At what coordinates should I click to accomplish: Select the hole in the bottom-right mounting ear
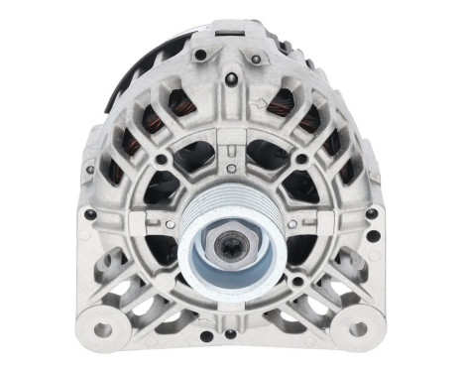tap(358, 327)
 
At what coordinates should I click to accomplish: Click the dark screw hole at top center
tap(230, 83)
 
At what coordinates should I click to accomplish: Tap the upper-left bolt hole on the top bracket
tap(201, 55)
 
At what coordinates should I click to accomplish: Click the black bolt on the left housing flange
tap(91, 213)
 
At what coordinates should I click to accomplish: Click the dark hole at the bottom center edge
tap(230, 333)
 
